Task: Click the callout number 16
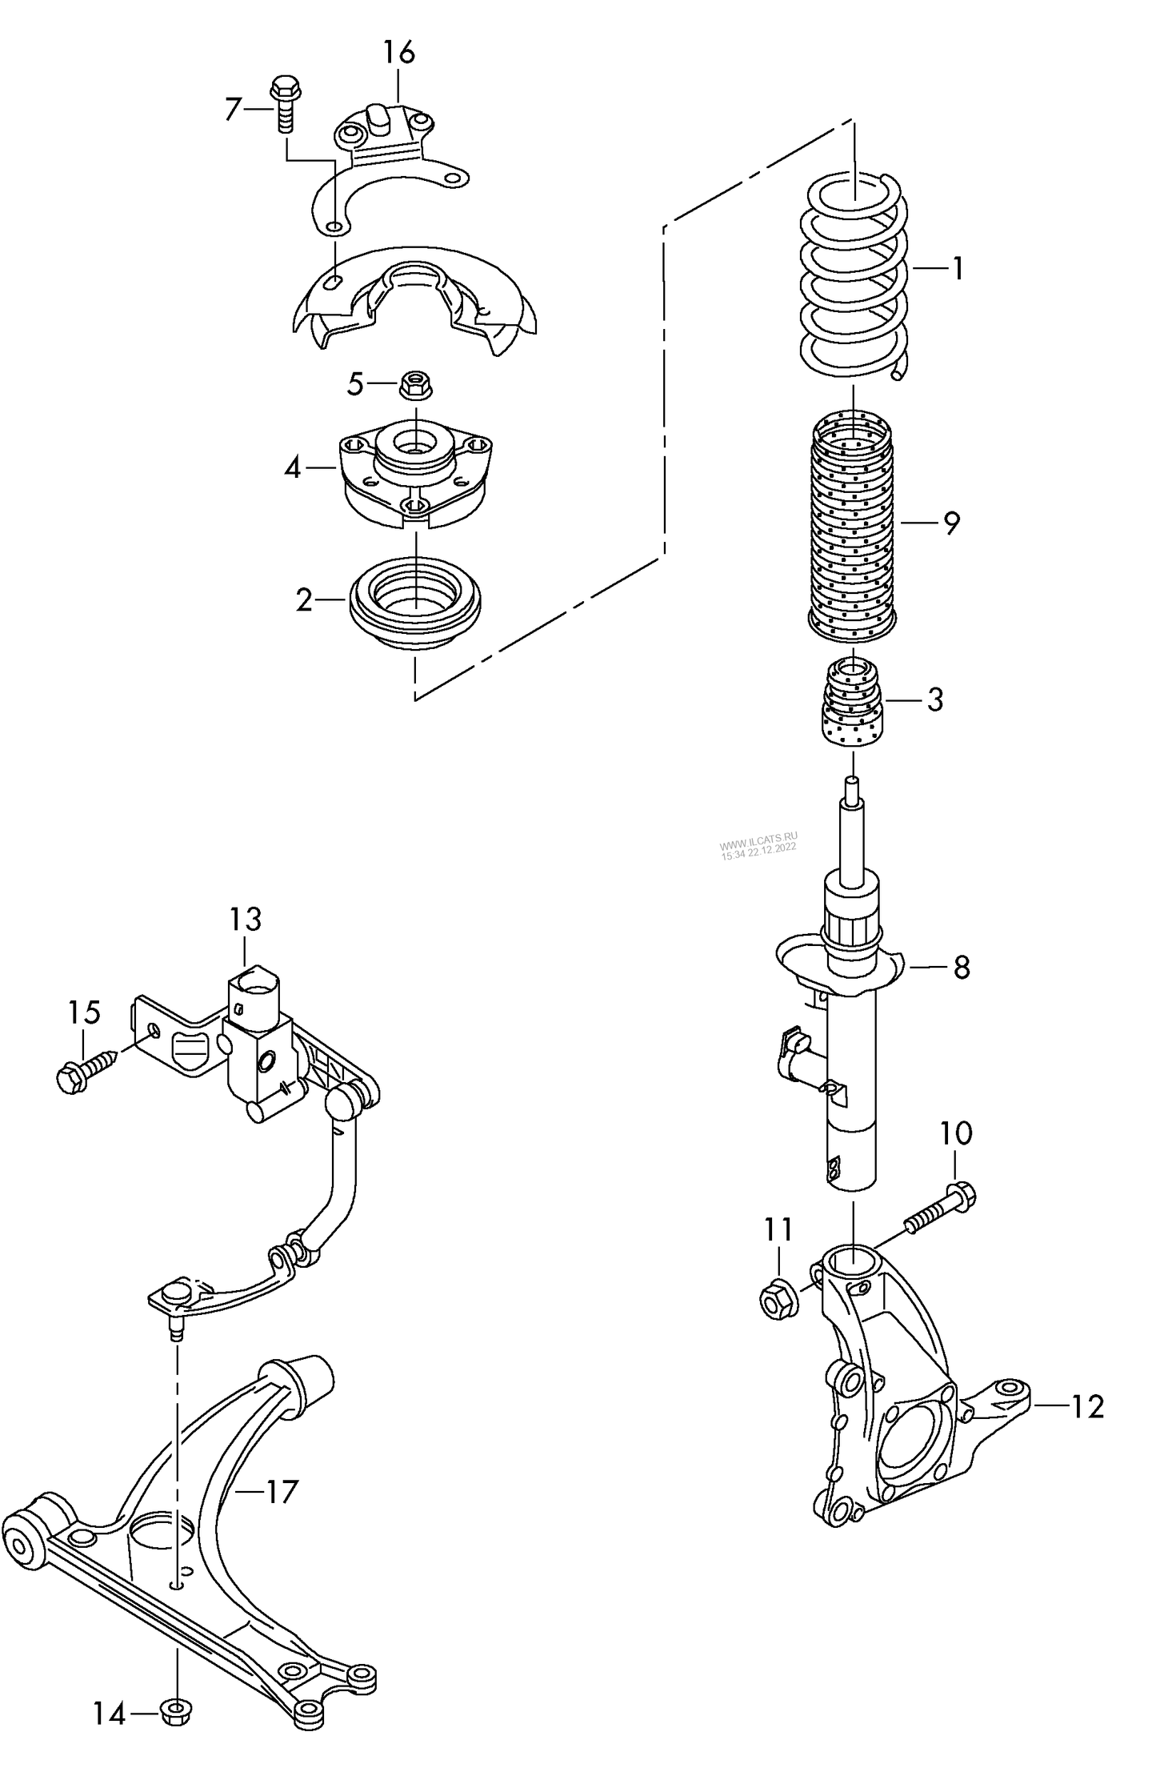click(x=398, y=54)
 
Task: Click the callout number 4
click(x=293, y=467)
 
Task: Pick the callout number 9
click(x=950, y=523)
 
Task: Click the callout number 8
click(x=962, y=967)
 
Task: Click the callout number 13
click(x=246, y=920)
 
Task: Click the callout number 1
click(x=957, y=269)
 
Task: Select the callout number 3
click(x=935, y=700)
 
